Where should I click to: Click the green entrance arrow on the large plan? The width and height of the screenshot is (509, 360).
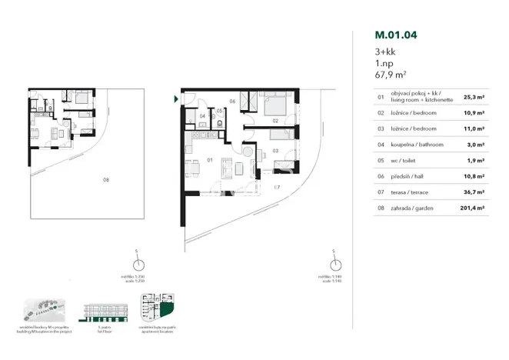tap(176, 99)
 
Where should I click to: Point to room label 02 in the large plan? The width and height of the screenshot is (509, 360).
tap(274, 121)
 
